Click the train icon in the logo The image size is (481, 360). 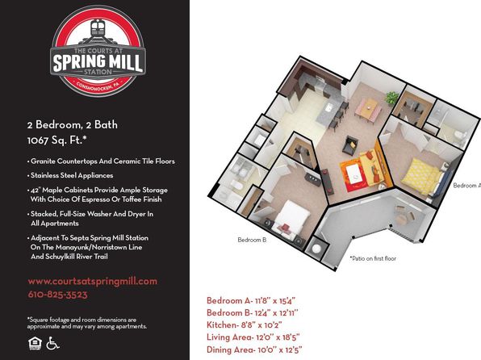point(98,28)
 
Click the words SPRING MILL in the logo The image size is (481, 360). point(98,63)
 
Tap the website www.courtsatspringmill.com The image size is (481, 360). point(92,282)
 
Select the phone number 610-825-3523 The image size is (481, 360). point(57,295)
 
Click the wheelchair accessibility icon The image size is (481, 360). point(52,343)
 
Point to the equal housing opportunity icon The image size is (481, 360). point(35,343)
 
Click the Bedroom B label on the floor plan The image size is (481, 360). point(252,240)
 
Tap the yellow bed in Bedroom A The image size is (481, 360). point(421,176)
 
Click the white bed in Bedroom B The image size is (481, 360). point(291,217)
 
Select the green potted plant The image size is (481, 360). point(392,98)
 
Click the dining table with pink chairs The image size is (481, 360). point(369,109)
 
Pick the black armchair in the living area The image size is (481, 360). point(350,144)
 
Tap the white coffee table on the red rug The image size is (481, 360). point(353,174)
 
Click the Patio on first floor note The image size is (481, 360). point(373,258)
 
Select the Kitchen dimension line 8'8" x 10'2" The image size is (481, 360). point(245,324)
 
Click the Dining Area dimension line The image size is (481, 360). point(254,350)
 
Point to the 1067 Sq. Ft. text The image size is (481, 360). point(56,140)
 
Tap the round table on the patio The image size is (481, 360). point(402,219)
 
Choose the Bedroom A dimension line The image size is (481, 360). point(251,300)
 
